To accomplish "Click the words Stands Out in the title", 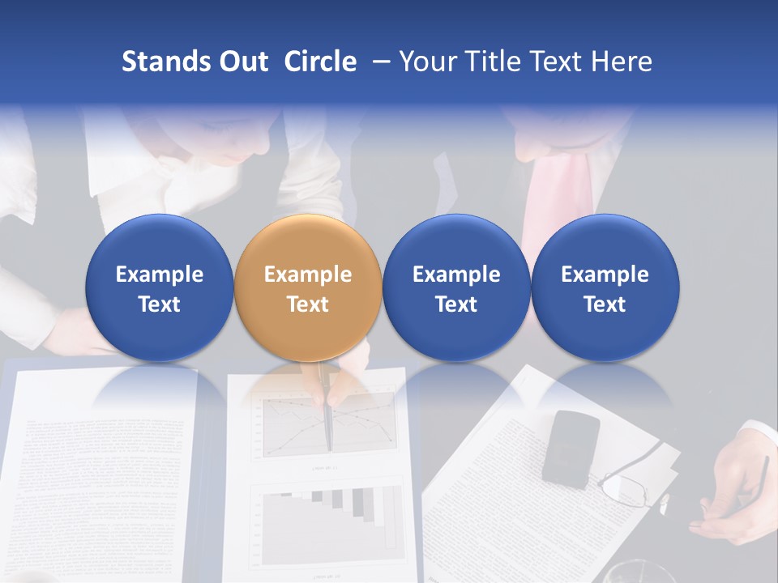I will click(x=194, y=62).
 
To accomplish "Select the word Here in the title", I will click(x=622, y=62).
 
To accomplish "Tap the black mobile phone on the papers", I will click(x=571, y=448).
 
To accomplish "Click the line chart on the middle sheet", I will click(x=284, y=425).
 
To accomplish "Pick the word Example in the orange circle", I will click(x=308, y=274).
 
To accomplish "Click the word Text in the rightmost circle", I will click(x=605, y=304).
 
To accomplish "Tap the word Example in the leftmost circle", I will click(x=159, y=274).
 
